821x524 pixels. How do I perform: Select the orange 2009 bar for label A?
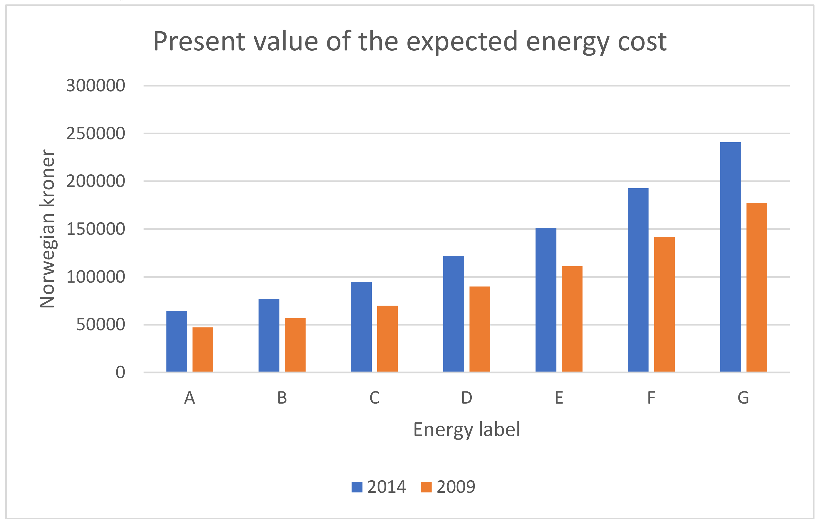[x=203, y=350]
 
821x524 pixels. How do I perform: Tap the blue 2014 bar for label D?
[x=453, y=314]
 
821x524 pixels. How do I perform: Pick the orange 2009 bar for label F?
[x=664, y=304]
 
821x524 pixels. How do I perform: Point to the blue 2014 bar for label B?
[x=269, y=335]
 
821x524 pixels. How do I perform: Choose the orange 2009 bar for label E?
[x=572, y=319]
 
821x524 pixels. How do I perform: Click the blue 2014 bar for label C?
[x=361, y=327]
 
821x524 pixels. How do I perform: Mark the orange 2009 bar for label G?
[x=756, y=287]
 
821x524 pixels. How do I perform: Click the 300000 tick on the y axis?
[x=96, y=86]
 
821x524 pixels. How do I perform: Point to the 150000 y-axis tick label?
[x=96, y=229]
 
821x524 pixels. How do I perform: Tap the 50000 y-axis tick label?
[x=100, y=325]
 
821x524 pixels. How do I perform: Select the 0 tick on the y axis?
[x=120, y=372]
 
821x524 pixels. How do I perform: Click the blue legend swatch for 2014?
[x=357, y=487]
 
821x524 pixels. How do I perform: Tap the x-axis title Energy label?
[x=466, y=429]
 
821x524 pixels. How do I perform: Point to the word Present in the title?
[x=199, y=42]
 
